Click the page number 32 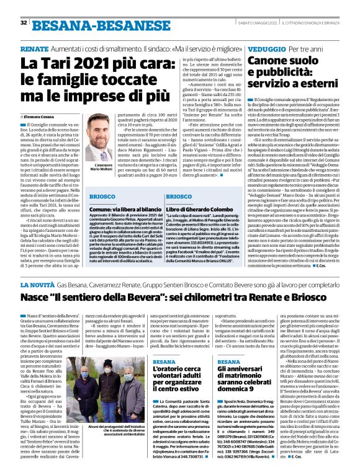click(x=23, y=22)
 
